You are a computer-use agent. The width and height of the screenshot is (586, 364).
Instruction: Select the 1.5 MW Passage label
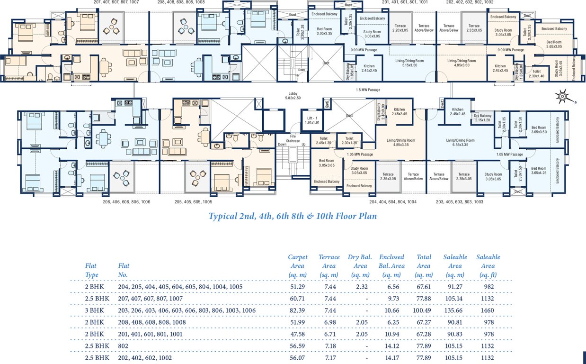click(368, 89)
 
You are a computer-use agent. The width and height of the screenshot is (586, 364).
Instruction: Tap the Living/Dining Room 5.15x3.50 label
click(409, 63)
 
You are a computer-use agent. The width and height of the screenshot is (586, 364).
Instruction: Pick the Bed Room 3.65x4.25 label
click(539, 171)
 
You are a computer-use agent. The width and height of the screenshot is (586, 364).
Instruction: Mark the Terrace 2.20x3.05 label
click(400, 28)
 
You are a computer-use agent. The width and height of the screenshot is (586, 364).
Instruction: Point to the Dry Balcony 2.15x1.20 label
click(483, 118)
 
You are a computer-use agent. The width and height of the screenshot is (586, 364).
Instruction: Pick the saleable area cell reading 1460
click(487, 310)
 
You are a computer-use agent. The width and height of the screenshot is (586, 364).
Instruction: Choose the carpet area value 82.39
click(297, 310)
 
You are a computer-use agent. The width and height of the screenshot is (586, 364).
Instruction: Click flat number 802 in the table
click(123, 346)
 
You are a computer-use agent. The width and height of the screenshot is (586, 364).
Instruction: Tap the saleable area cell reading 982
click(487, 287)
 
